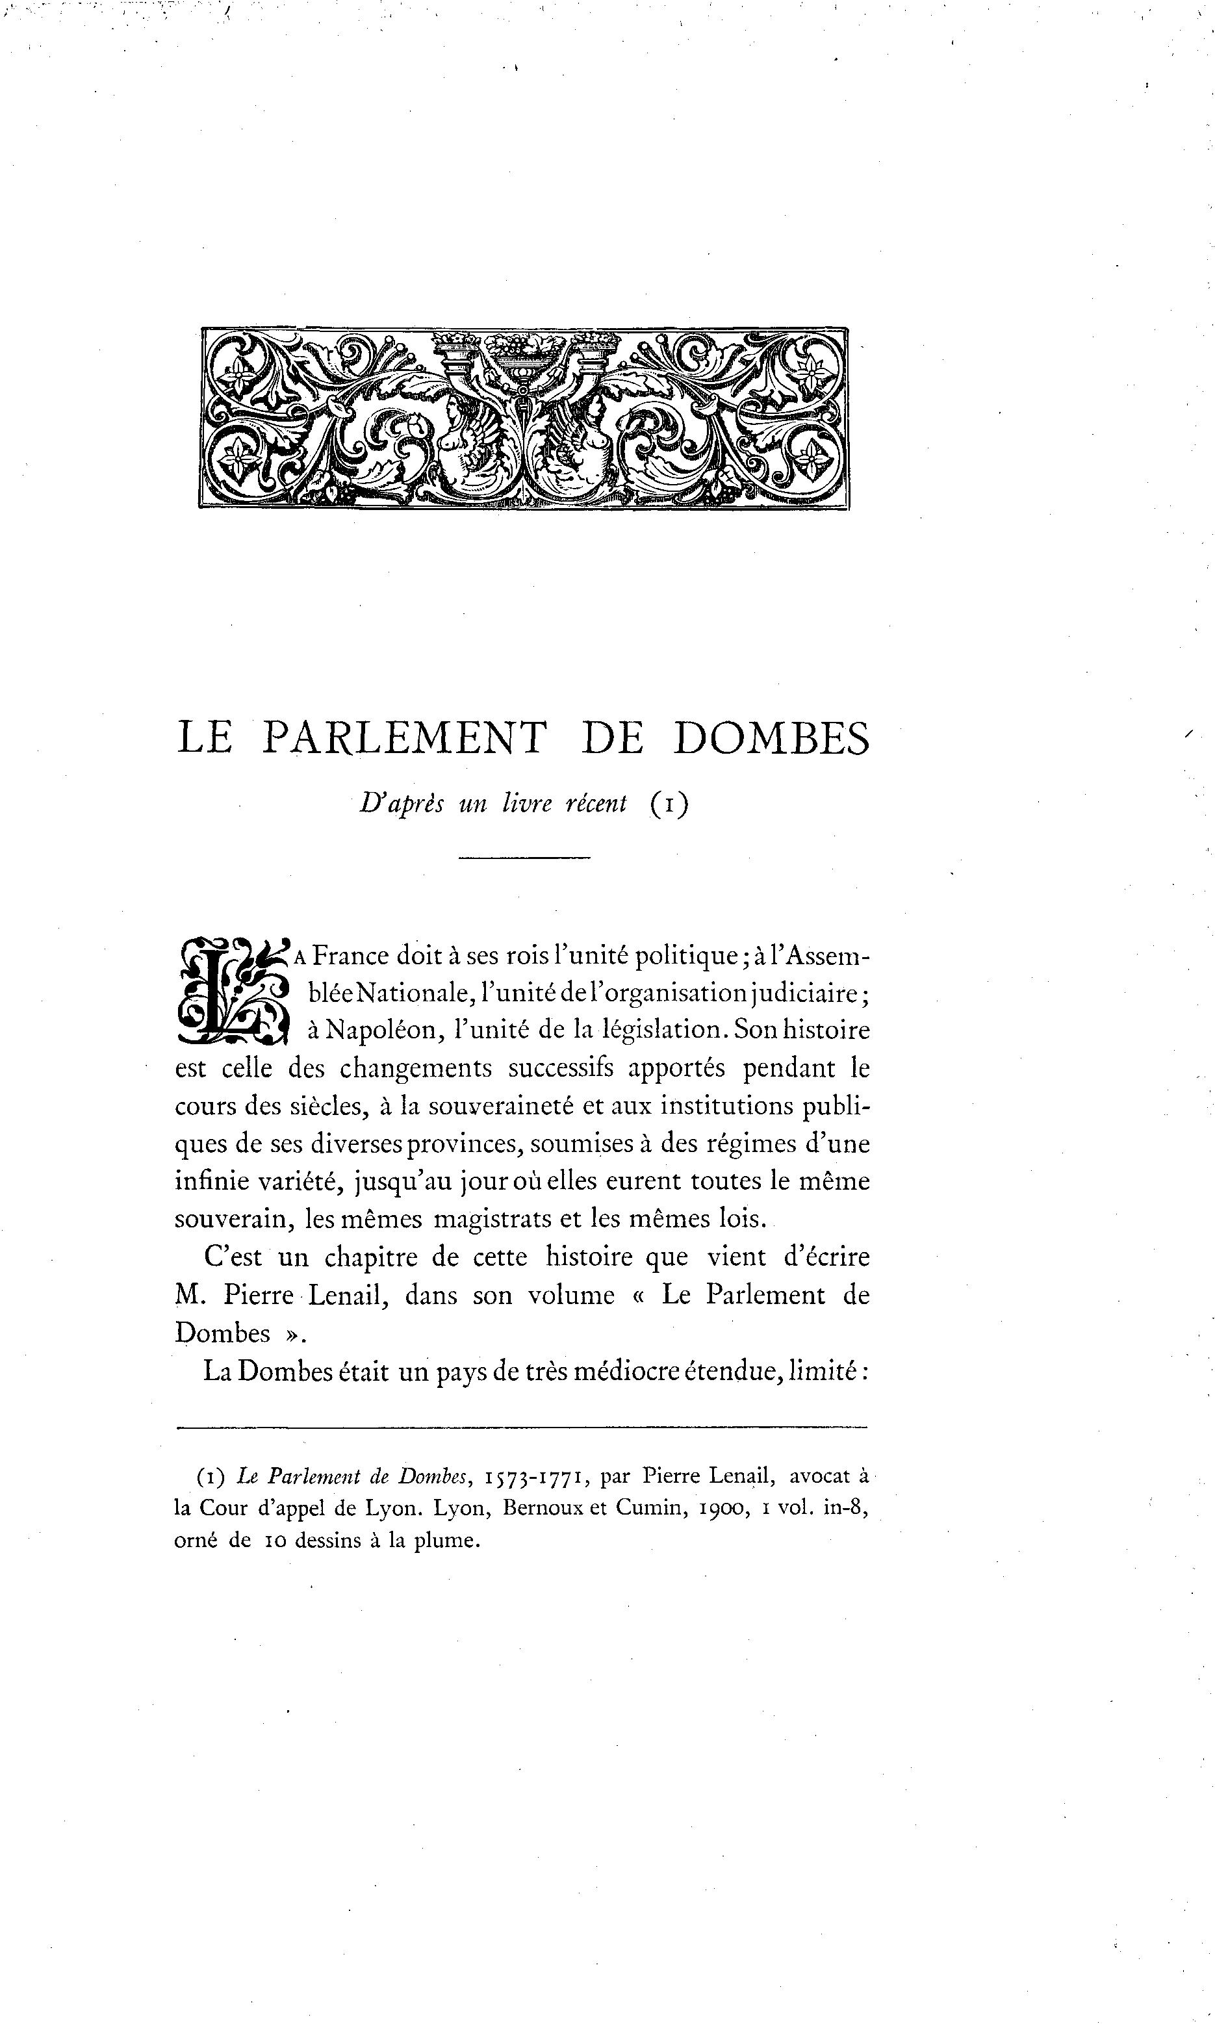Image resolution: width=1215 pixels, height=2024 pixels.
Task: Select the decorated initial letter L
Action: point(233,992)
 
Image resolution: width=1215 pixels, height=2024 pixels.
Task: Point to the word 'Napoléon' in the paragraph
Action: point(376,1030)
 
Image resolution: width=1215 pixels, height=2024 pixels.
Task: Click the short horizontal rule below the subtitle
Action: point(524,857)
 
